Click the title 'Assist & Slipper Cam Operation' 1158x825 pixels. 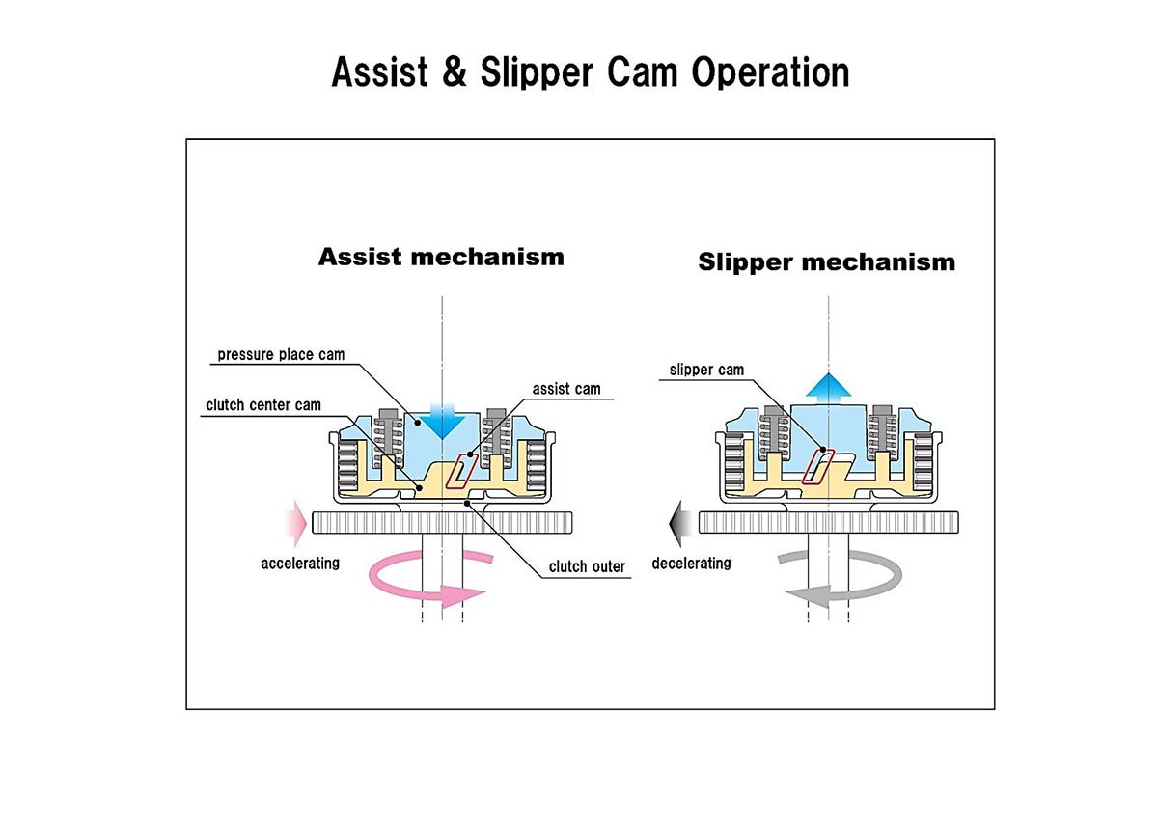pyautogui.click(x=590, y=72)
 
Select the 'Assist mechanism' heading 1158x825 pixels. pyautogui.click(x=441, y=257)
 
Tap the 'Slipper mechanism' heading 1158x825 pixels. pyautogui.click(x=826, y=261)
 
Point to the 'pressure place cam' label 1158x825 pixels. pyautogui.click(x=281, y=354)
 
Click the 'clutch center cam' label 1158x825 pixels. pyautogui.click(x=263, y=405)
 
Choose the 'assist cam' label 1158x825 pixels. pyautogui.click(x=565, y=389)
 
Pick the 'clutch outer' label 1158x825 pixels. pyautogui.click(x=587, y=566)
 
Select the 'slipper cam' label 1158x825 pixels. pyautogui.click(x=706, y=370)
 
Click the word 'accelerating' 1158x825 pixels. pyautogui.click(x=300, y=563)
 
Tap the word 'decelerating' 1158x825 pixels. pyautogui.click(x=691, y=563)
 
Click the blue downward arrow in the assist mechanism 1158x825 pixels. pyautogui.click(x=441, y=420)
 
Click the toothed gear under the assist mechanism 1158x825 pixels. pyautogui.click(x=444, y=523)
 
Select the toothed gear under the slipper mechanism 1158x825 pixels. pyautogui.click(x=830, y=523)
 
